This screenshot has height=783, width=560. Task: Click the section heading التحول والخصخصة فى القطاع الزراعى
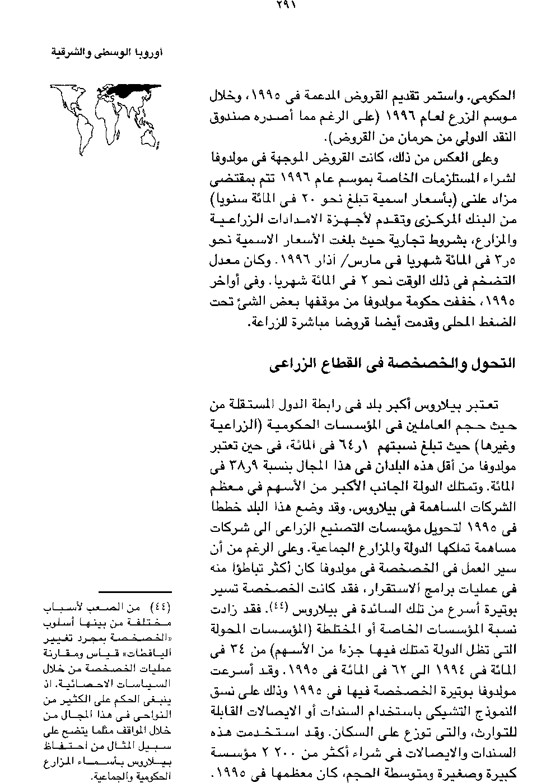click(x=391, y=363)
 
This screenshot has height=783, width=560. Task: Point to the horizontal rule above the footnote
click(x=135, y=591)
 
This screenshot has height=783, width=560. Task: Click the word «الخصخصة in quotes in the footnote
click(x=147, y=637)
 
